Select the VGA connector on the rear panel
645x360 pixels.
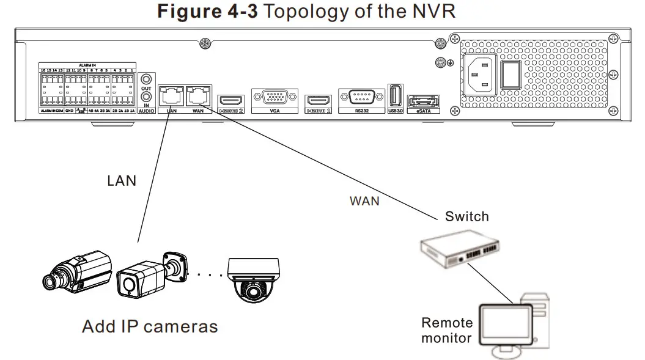pyautogui.click(x=274, y=98)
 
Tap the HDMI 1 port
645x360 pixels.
pyautogui.click(x=318, y=100)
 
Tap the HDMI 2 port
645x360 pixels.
pyautogui.click(x=232, y=100)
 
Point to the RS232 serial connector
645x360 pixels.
pyautogui.click(x=362, y=98)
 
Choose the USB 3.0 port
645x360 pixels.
pyautogui.click(x=395, y=96)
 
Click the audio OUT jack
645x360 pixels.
pyautogui.click(x=146, y=79)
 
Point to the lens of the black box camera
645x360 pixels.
pyautogui.click(x=50, y=281)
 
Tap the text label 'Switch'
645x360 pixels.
pyautogui.click(x=466, y=216)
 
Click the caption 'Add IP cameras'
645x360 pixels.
pyautogui.click(x=150, y=326)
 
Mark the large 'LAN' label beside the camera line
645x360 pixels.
pyautogui.click(x=122, y=181)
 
